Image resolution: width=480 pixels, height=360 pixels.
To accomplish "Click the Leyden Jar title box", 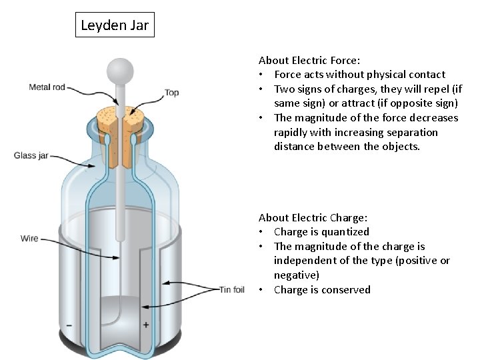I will pos(115,26).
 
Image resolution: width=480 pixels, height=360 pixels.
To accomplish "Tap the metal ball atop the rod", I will pos(121,69).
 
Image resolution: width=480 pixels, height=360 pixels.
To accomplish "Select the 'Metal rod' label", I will pos(47,87).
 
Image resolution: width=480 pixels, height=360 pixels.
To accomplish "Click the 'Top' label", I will pos(172,93).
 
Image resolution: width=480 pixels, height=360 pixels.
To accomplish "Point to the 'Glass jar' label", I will pos(31,155).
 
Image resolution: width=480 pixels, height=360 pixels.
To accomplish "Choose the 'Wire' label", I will pos(29,238).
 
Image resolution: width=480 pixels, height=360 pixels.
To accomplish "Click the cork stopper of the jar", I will pos(121,130).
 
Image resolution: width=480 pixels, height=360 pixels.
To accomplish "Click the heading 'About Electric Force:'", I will pos(309,60).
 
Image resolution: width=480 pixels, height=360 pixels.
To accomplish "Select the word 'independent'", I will pos(305,261).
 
